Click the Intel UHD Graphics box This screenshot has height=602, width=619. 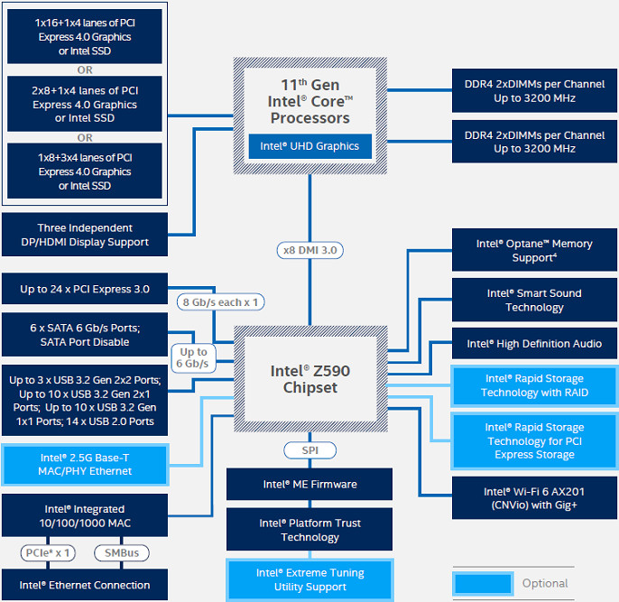tap(309, 146)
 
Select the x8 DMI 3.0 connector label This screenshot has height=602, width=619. tap(309, 250)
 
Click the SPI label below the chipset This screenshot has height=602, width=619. tap(309, 449)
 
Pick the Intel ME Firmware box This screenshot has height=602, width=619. tap(309, 484)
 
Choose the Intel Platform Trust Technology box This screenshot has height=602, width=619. tap(309, 530)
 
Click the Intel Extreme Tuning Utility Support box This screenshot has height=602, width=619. tap(309, 579)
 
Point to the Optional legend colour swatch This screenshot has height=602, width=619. tap(483, 583)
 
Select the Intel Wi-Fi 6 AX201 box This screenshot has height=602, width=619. tap(534, 498)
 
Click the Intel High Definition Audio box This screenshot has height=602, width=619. tap(534, 344)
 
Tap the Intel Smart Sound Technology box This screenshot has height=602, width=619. tap(534, 301)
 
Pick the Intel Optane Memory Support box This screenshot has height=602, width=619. tap(534, 251)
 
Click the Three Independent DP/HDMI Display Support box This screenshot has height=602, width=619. tap(85, 235)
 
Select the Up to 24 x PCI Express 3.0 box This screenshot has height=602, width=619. tap(85, 290)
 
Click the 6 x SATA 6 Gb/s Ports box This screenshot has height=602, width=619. tap(85, 335)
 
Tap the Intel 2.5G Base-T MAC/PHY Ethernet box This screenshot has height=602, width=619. tap(85, 464)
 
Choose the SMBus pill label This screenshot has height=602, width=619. tap(121, 552)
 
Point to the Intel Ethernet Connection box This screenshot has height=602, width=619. tap(85, 585)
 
